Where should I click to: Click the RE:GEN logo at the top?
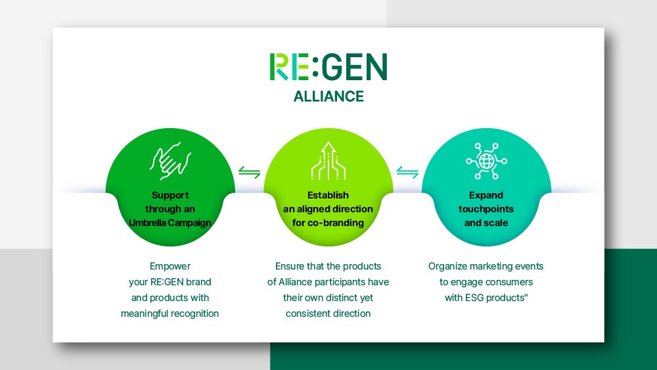(328, 66)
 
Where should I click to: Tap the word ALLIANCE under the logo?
(328, 97)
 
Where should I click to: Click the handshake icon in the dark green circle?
(170, 161)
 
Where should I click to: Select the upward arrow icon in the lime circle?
(328, 161)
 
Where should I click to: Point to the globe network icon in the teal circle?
(486, 161)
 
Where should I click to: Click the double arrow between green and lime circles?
(249, 172)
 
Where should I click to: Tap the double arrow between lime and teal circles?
(407, 172)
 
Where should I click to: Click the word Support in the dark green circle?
(170, 195)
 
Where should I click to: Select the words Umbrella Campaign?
(170, 223)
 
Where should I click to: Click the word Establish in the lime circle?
(328, 195)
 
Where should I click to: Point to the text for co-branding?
(328, 223)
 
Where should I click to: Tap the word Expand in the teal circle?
(486, 195)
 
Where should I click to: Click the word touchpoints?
(486, 209)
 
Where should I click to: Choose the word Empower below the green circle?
(170, 267)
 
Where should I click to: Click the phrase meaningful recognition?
(170, 313)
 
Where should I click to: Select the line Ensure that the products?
(328, 266)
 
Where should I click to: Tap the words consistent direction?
(328, 313)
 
